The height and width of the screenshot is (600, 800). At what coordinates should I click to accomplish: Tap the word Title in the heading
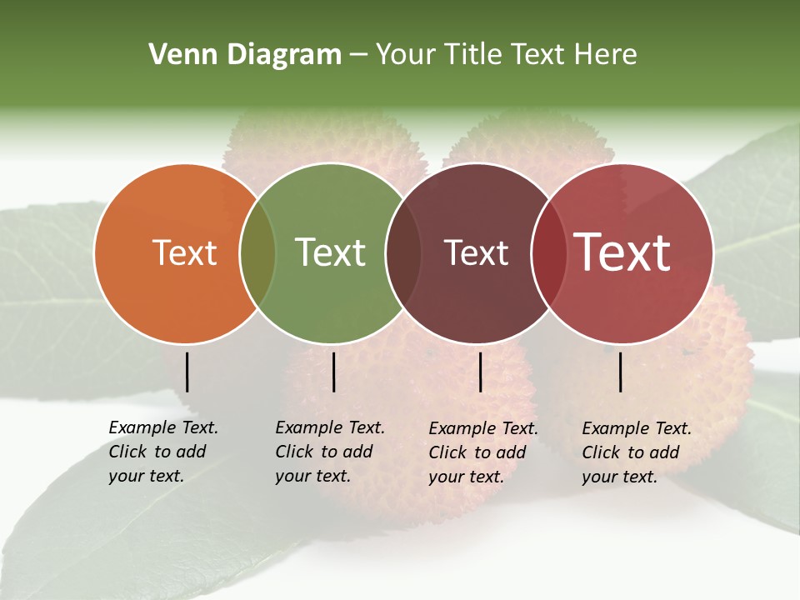click(x=475, y=55)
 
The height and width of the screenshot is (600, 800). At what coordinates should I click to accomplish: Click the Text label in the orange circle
click(x=185, y=253)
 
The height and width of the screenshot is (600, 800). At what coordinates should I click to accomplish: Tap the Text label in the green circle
click(x=331, y=253)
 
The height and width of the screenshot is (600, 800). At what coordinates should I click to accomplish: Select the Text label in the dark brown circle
click(x=477, y=253)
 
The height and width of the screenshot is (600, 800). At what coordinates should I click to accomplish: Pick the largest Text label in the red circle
click(x=622, y=252)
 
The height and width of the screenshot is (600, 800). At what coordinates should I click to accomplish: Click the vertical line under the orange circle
click(x=187, y=372)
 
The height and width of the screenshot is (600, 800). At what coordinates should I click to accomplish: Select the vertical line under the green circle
click(x=333, y=372)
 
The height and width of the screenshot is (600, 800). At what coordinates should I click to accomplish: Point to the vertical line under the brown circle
click(x=481, y=372)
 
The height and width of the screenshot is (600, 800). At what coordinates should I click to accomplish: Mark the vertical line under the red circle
click(x=621, y=372)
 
